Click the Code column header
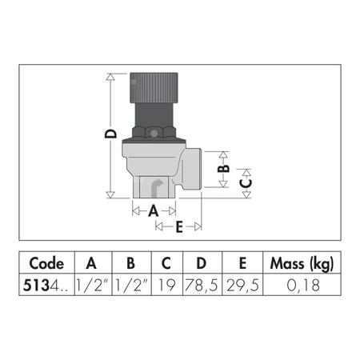(x=46, y=264)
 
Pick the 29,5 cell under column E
(x=244, y=283)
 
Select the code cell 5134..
(x=46, y=283)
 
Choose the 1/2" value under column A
(x=91, y=283)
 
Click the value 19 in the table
(x=165, y=283)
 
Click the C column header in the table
(x=165, y=264)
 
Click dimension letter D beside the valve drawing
(x=112, y=137)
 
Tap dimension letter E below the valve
(x=178, y=227)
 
